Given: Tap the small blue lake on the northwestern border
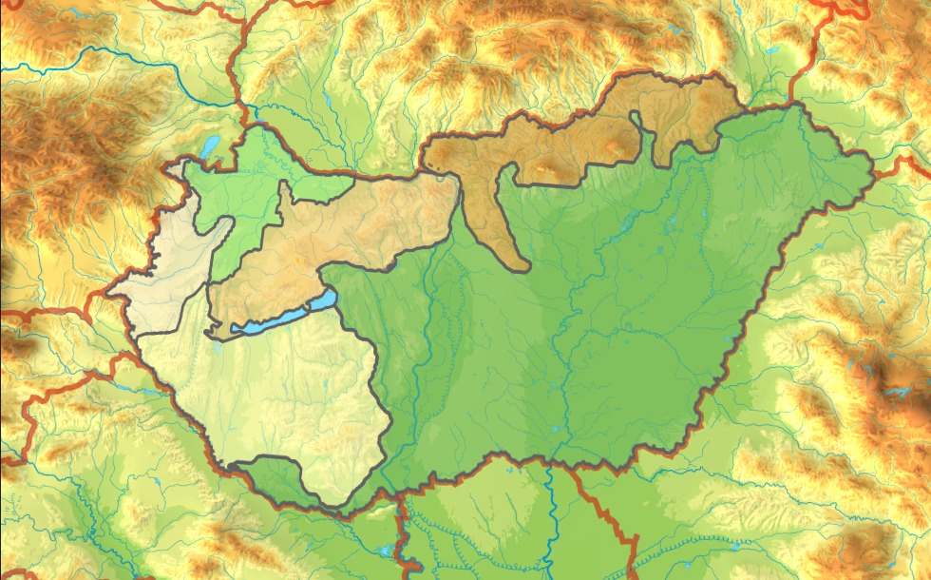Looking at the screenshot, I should click(x=209, y=146).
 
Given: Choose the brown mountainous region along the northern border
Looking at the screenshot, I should click(x=570, y=143).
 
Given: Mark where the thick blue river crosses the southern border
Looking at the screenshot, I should click(x=549, y=465).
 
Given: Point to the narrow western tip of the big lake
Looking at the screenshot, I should click(x=234, y=328).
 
